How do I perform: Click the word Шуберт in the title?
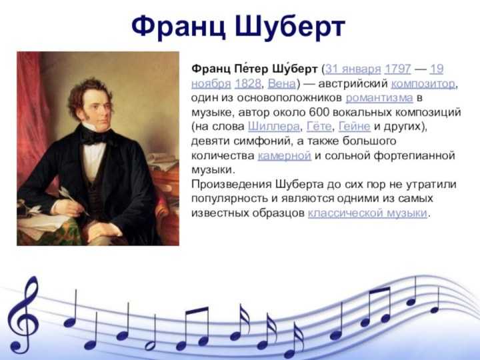click(290, 26)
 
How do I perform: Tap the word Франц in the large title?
click(178, 26)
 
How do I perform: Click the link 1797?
click(397, 69)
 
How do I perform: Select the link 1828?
click(247, 83)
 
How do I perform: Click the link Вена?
click(282, 83)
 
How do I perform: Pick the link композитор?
click(423, 83)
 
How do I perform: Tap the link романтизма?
click(379, 98)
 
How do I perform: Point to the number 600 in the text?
click(319, 112)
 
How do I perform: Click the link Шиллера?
click(274, 127)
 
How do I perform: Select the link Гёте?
click(319, 127)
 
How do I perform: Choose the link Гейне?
click(355, 127)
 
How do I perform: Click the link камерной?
click(285, 155)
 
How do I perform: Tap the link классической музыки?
click(367, 213)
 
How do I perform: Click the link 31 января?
click(353, 69)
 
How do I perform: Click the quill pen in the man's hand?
click(73, 199)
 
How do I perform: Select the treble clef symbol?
click(23, 315)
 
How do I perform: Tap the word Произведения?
click(231, 185)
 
